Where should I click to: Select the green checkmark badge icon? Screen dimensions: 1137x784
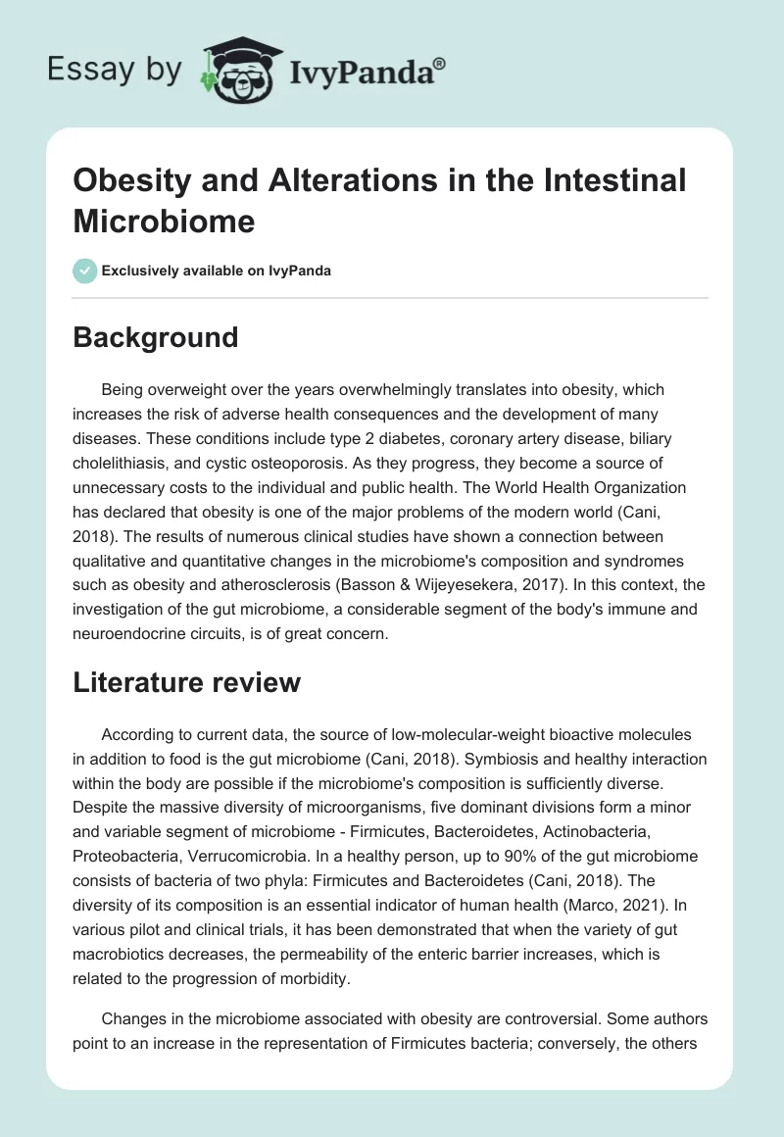click(x=84, y=271)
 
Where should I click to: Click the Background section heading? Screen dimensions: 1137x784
click(x=155, y=337)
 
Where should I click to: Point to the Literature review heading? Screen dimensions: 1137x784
click(x=186, y=683)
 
